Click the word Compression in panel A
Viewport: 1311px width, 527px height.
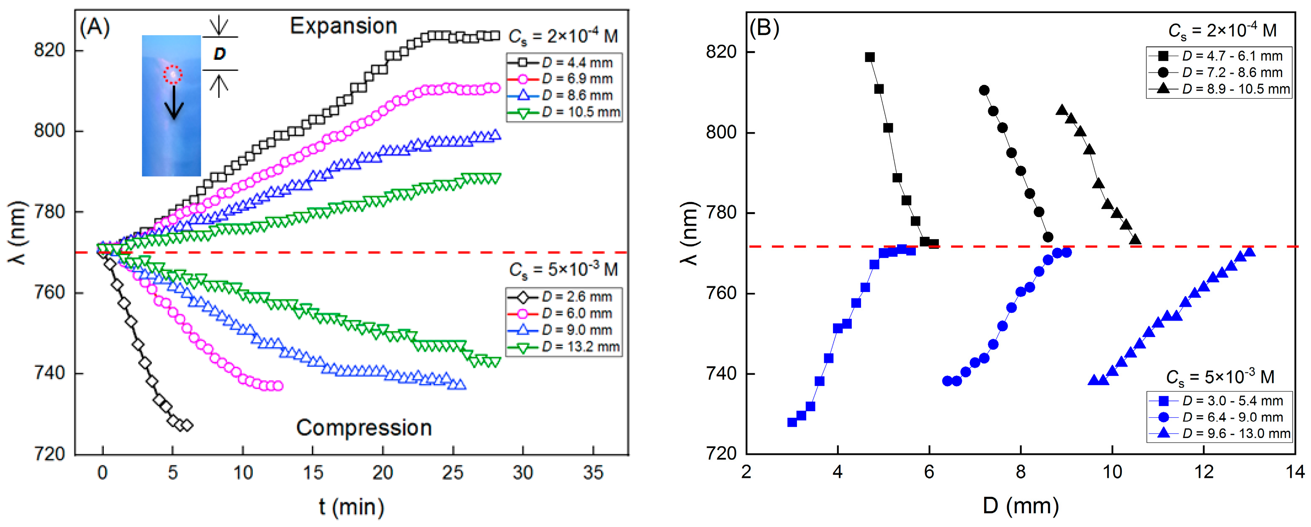(x=364, y=428)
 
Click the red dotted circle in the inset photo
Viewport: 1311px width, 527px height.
(x=172, y=75)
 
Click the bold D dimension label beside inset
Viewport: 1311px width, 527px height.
(x=219, y=54)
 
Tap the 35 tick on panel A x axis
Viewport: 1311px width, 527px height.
(x=593, y=473)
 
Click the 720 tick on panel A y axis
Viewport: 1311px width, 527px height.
(x=49, y=454)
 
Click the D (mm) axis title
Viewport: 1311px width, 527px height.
(x=1021, y=506)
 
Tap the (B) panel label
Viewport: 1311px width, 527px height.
(x=764, y=28)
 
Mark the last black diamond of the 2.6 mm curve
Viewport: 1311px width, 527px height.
(x=187, y=425)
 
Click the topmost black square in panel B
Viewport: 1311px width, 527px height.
(x=870, y=57)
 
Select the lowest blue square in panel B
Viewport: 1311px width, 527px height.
(x=792, y=422)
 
